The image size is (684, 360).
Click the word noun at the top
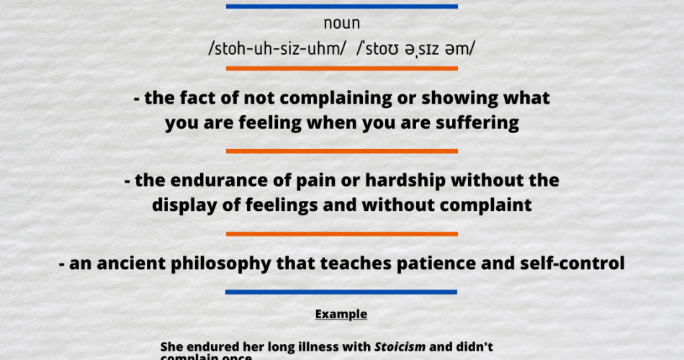pos(341,24)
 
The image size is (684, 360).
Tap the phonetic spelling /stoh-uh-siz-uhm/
pos(276,49)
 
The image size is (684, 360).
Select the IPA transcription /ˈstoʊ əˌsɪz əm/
pos(416,49)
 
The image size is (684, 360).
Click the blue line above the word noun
pos(341,6)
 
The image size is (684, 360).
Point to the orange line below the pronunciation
pos(341,68)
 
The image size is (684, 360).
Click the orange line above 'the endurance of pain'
pos(341,151)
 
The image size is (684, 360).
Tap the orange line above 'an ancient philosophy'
pos(341,234)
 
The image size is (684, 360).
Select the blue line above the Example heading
pos(341,292)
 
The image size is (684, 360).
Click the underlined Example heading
pos(341,315)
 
